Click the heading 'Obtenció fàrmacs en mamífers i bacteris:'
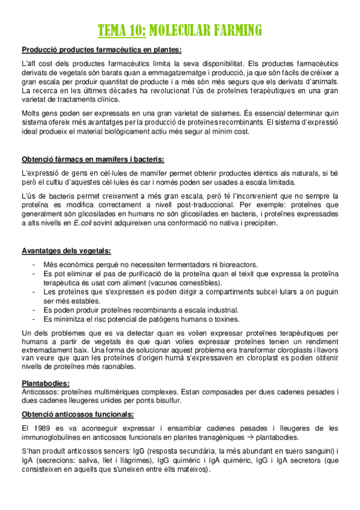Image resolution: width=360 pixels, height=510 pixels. click(93, 159)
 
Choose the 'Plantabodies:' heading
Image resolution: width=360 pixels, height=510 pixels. click(46, 382)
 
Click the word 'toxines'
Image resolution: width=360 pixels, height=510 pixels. click(224, 319)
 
